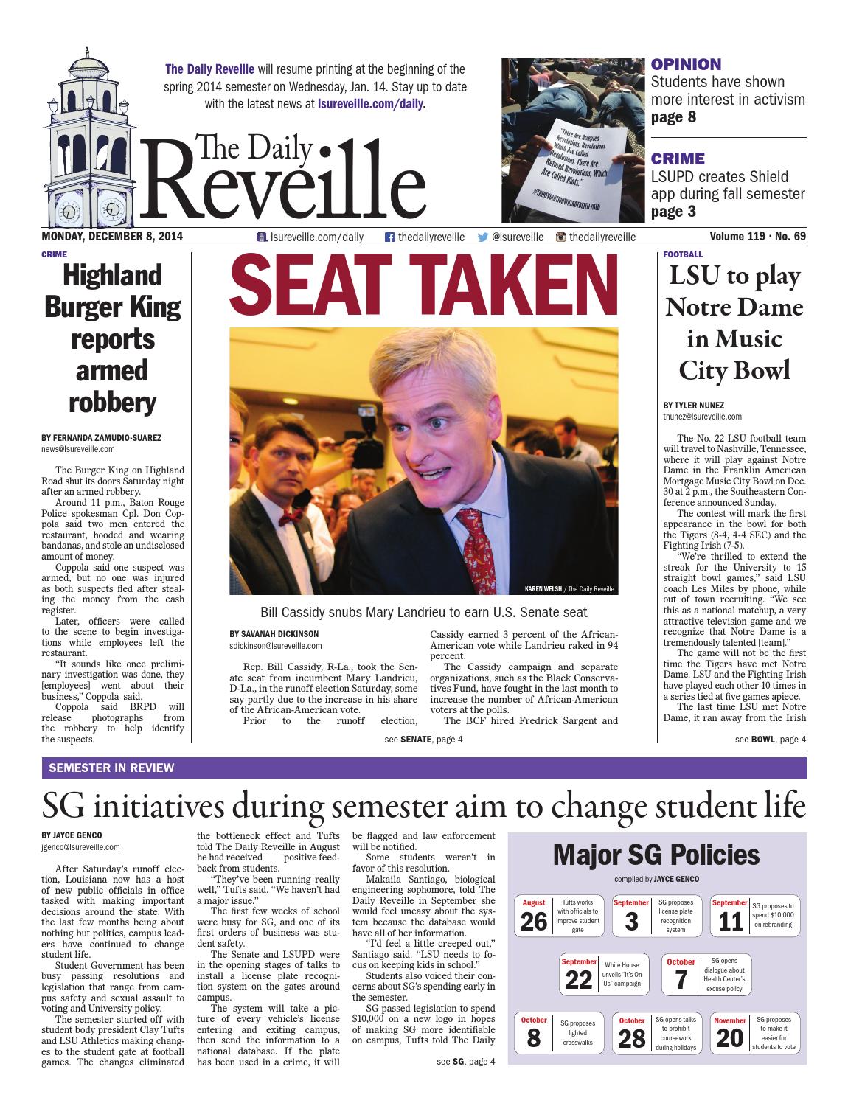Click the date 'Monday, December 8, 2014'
[112, 237]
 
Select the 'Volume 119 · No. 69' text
[757, 237]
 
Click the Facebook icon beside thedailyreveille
[390, 237]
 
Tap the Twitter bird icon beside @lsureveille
[483, 237]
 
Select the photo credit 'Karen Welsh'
[542, 589]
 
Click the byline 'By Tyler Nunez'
[693, 406]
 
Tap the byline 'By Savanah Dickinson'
[274, 634]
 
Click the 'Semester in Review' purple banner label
[111, 768]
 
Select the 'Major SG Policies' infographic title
[656, 855]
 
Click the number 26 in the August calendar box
[534, 922]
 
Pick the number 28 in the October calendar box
[632, 1039]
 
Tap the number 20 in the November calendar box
[730, 1039]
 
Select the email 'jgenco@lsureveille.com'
[80, 848]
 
